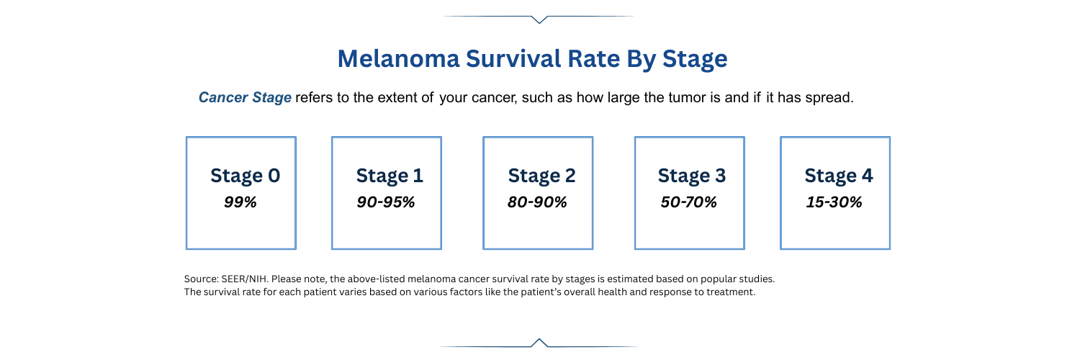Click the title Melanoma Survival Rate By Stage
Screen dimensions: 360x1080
[x=532, y=59]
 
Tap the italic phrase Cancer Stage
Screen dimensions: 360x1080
[x=245, y=98]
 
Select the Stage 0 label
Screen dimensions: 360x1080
[x=245, y=176]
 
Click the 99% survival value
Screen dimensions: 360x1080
[x=240, y=202]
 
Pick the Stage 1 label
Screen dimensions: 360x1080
[x=390, y=176]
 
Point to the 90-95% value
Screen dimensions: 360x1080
[x=386, y=202]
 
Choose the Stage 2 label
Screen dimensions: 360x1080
[x=541, y=176]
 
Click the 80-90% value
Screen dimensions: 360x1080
[x=537, y=202]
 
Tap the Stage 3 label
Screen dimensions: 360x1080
[x=691, y=176]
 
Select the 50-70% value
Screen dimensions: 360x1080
[x=688, y=202]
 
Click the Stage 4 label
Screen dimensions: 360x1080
[x=838, y=176]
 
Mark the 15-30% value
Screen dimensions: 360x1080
[x=834, y=202]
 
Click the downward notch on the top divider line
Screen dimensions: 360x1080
[x=539, y=19]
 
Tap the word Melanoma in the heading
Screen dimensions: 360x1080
[x=398, y=59]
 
